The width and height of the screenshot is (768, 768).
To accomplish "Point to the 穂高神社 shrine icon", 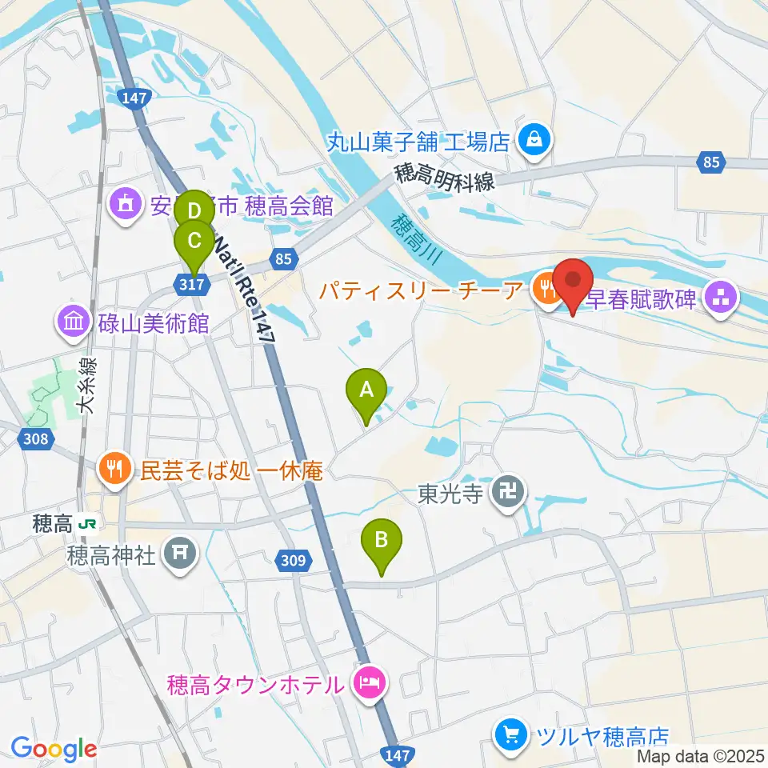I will point(180,553).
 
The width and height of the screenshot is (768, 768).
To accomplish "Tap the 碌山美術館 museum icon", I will point(73,324).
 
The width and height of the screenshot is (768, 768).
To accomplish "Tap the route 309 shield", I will point(294,561).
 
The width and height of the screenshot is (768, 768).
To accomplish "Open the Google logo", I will point(54,749).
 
